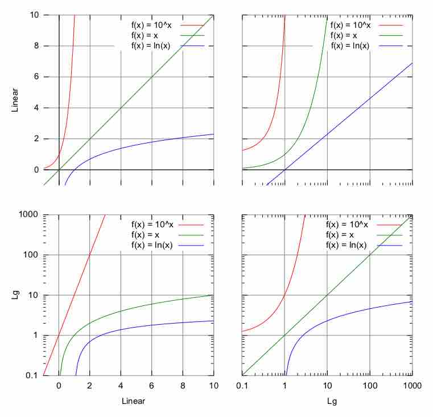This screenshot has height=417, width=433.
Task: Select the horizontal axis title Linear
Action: click(133, 401)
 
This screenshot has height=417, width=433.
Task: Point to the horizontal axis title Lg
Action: click(327, 401)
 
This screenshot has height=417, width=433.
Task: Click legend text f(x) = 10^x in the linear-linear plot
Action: click(153, 26)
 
